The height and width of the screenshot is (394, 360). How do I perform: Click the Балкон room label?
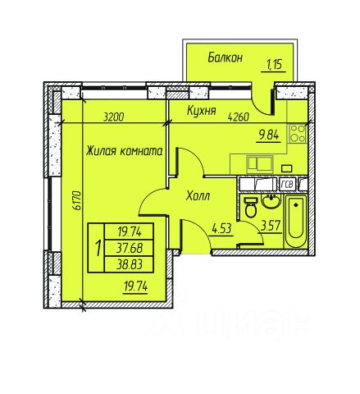click(226, 57)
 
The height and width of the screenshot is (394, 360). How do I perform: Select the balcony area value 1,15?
click(274, 65)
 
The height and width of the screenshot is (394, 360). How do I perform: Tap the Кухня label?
click(202, 110)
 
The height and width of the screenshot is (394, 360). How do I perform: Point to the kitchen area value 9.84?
click(269, 135)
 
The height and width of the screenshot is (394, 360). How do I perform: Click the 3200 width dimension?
click(114, 117)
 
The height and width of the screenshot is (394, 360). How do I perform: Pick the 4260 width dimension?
click(239, 117)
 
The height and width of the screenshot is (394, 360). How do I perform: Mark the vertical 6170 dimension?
click(77, 200)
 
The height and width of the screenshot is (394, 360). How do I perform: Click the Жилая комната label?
click(125, 151)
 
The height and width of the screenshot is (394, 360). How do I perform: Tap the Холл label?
click(198, 196)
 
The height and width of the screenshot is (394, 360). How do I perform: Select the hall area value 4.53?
click(222, 229)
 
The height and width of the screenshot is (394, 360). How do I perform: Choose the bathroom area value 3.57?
click(271, 227)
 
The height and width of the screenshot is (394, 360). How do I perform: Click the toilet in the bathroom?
click(250, 208)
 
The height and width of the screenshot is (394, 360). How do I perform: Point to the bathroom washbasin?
click(271, 201)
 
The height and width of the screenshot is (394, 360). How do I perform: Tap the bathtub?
click(296, 221)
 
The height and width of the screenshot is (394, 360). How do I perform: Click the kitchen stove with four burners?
click(298, 133)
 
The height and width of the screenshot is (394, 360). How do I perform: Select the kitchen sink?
click(260, 164)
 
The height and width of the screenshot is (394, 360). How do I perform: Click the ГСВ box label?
click(287, 185)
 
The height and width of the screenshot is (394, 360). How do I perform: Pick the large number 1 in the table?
click(98, 248)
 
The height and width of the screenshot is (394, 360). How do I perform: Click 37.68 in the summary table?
click(130, 248)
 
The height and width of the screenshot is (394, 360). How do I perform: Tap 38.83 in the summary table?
click(130, 264)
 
